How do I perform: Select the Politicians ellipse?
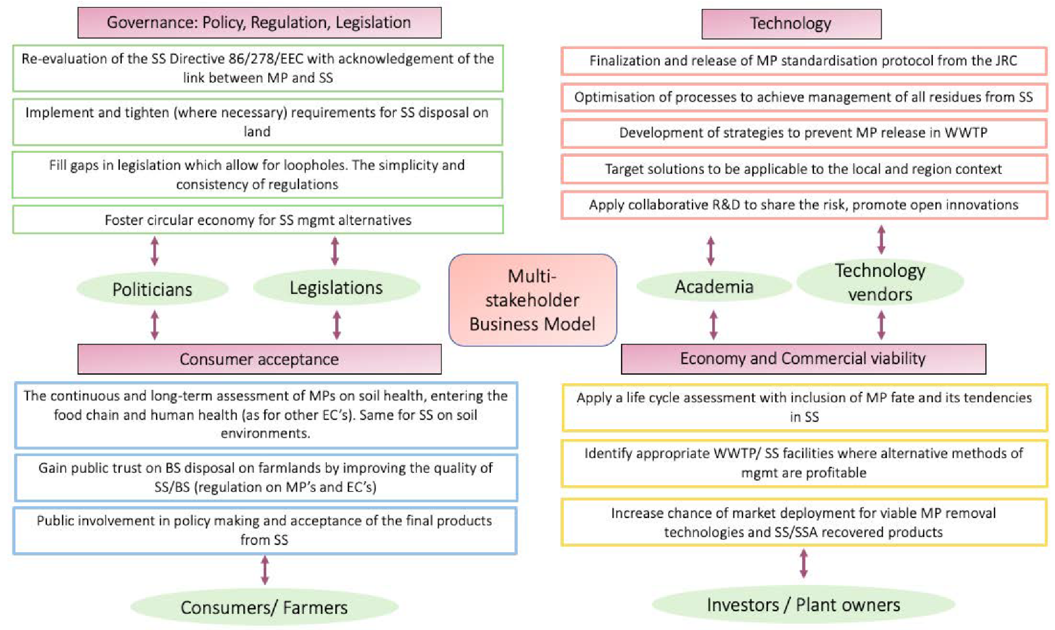tap(152, 289)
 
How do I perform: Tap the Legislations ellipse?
tap(336, 287)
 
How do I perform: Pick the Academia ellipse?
tap(714, 286)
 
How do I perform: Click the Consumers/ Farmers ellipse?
tap(264, 607)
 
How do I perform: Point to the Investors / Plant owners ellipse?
tap(803, 604)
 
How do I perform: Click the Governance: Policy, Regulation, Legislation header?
tap(259, 22)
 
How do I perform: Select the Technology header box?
tap(791, 24)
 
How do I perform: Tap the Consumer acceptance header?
tap(259, 359)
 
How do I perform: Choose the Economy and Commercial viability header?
tap(803, 359)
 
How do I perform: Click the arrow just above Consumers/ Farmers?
tap(265, 570)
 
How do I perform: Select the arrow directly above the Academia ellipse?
tap(711, 251)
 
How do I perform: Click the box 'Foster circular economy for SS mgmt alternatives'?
tap(258, 220)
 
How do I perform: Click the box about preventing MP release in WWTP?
tap(803, 133)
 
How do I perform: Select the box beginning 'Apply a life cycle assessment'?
tap(804, 407)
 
